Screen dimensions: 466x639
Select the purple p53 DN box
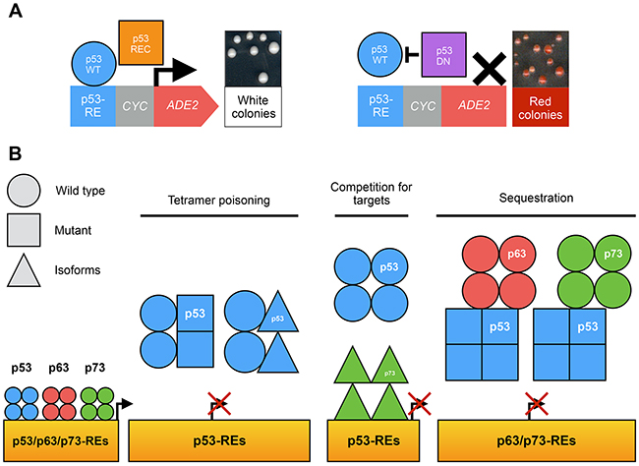(443, 58)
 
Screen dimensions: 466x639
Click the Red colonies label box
(540, 109)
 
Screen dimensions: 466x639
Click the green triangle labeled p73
(389, 375)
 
